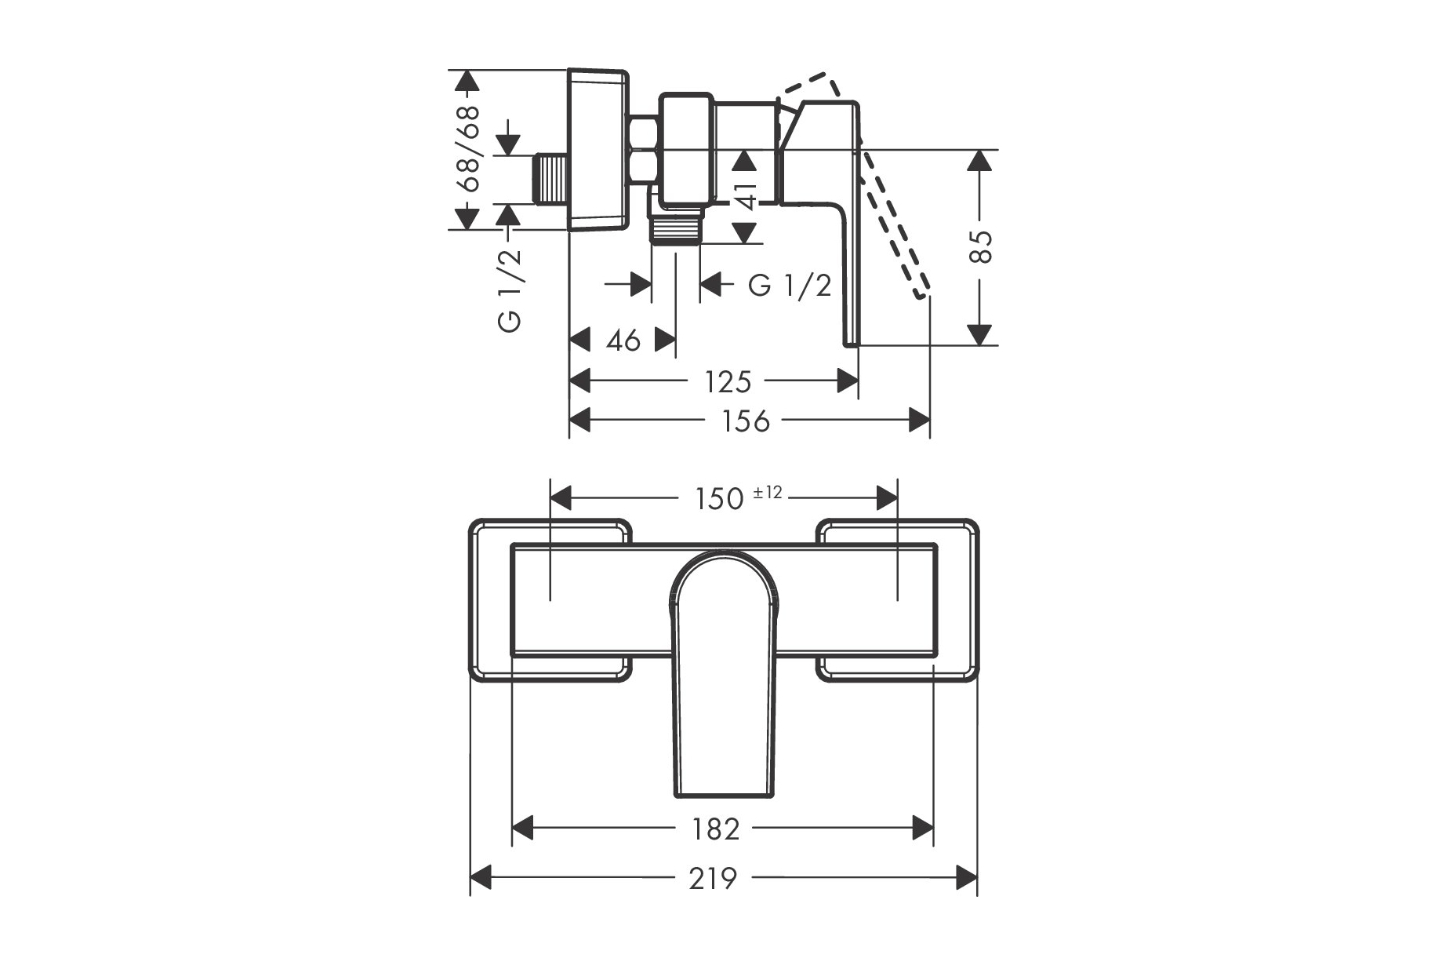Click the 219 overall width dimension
click(714, 878)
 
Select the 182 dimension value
click(716, 829)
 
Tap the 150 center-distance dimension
click(719, 498)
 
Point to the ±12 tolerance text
click(768, 493)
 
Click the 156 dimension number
click(746, 421)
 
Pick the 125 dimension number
click(728, 382)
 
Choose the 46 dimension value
click(623, 341)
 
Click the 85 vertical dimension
click(981, 247)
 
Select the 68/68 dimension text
click(467, 148)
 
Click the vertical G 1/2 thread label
click(510, 290)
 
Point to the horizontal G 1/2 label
click(790, 286)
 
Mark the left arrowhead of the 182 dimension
click(523, 828)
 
